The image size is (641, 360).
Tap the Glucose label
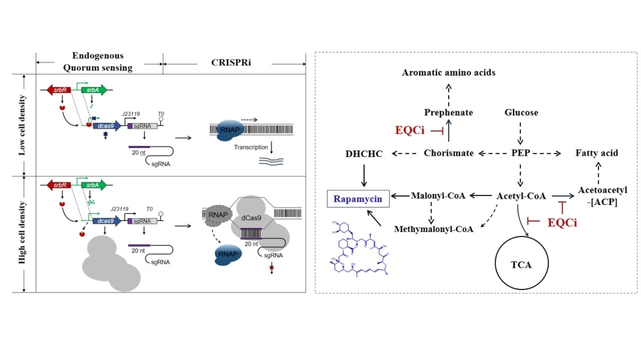521,113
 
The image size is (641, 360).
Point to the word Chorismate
449,153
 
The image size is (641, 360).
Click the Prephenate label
449,113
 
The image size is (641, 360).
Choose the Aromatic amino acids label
449,72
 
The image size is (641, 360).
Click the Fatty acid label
597,153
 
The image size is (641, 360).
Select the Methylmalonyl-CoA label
434,229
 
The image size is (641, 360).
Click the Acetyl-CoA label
521,195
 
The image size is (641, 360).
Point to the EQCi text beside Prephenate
411,130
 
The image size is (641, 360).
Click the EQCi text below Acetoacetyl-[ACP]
563,223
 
